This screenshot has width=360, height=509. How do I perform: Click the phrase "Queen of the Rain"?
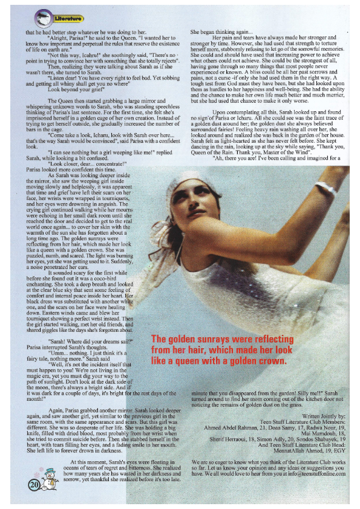212,153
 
